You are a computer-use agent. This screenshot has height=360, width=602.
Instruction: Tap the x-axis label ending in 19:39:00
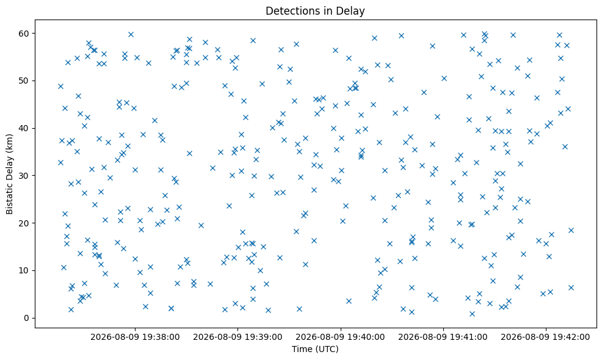pyautogui.click(x=238, y=337)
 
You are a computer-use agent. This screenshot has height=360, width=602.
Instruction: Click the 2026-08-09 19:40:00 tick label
pyautogui.click(x=341, y=337)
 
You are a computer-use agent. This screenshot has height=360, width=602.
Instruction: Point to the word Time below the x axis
pyautogui.click(x=301, y=349)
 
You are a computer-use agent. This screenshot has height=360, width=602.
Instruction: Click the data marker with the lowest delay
pyautogui.click(x=472, y=314)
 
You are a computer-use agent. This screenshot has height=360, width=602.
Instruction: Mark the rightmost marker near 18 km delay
pyautogui.click(x=571, y=230)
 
